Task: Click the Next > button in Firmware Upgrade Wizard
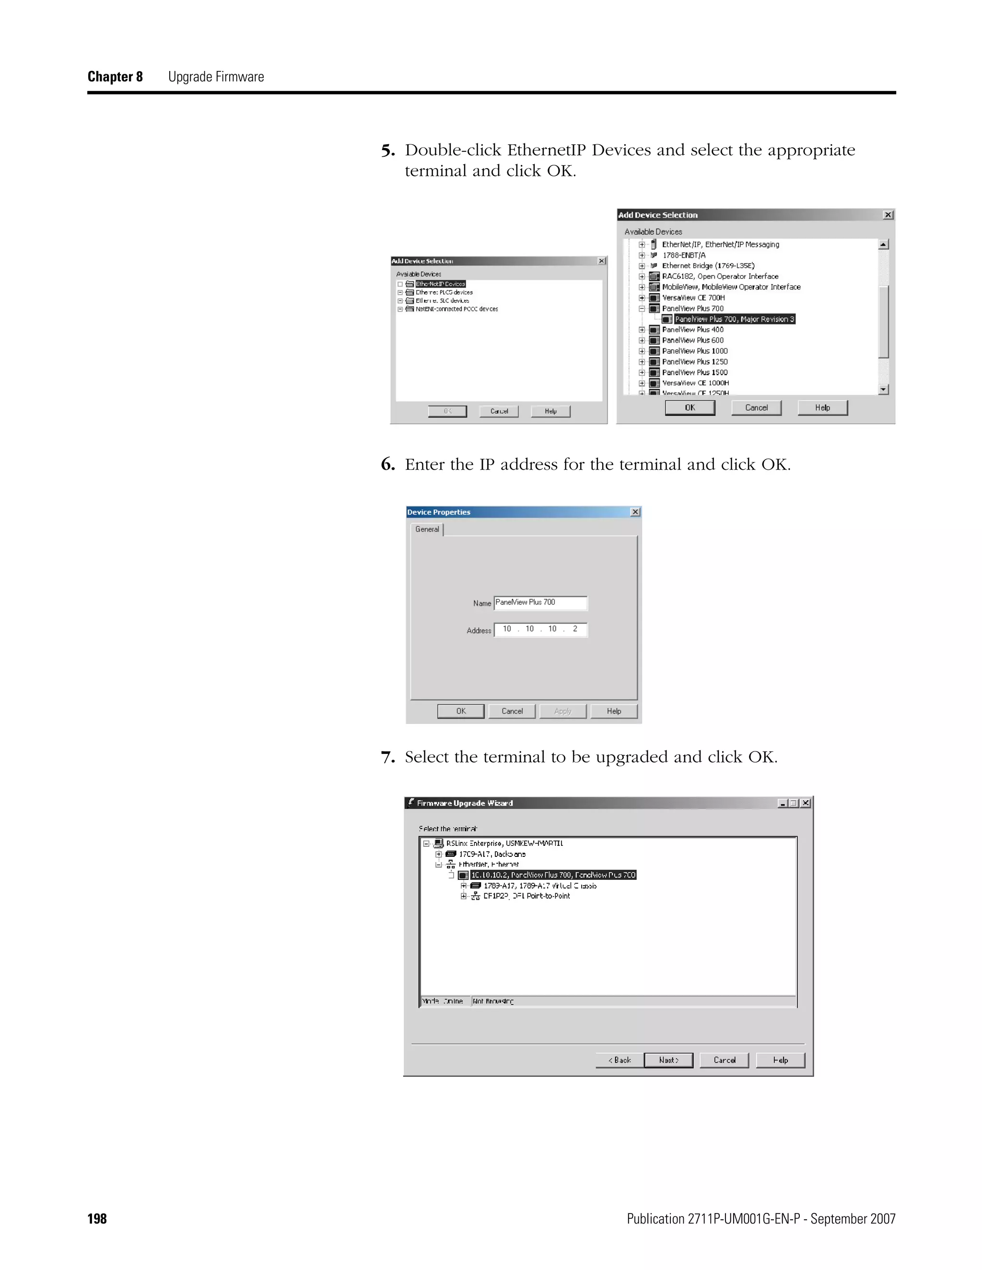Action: tap(668, 1060)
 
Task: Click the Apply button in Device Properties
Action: tap(562, 711)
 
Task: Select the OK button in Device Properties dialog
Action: tap(461, 711)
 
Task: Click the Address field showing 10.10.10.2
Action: tap(540, 629)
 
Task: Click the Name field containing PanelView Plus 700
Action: tap(540, 602)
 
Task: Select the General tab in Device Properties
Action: tap(427, 529)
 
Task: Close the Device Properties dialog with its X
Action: tap(635, 512)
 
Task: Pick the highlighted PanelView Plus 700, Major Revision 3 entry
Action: tap(734, 319)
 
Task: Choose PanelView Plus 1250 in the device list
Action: tap(695, 362)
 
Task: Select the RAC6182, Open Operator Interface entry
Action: tap(720, 276)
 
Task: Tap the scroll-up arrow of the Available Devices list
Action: tap(884, 245)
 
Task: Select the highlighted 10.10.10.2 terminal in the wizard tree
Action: tap(553, 875)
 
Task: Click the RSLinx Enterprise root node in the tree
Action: tap(504, 843)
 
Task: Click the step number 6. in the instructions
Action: tap(388, 464)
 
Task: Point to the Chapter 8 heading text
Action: tap(115, 77)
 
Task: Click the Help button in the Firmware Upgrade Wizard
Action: tap(780, 1060)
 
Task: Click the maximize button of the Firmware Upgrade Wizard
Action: tap(794, 803)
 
